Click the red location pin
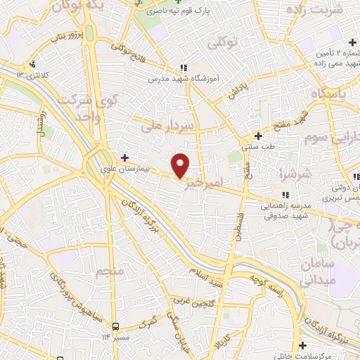coord(181,165)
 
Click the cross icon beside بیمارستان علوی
coord(125,157)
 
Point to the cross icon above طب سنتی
coord(258,136)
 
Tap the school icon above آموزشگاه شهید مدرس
coord(184,67)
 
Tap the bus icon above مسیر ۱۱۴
coord(114,326)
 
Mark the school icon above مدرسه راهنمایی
coord(285,195)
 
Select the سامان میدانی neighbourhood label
coord(320,271)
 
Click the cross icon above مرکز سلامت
coord(302,345)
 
